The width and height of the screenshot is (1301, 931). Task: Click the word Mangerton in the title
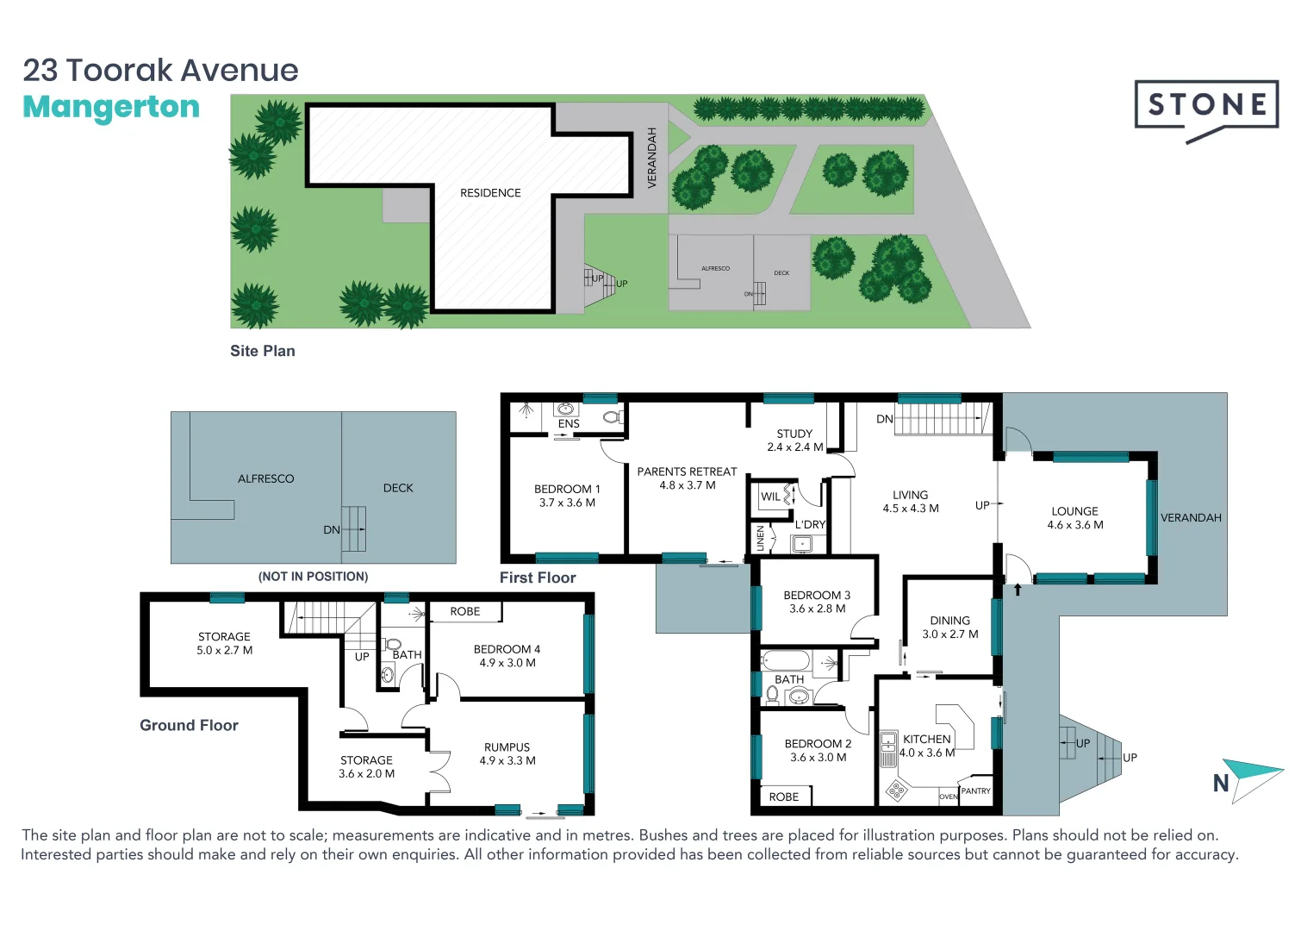click(x=111, y=107)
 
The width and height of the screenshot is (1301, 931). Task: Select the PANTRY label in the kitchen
click(x=975, y=790)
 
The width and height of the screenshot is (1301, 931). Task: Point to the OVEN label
click(x=948, y=797)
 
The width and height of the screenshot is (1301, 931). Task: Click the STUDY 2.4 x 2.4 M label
click(x=794, y=441)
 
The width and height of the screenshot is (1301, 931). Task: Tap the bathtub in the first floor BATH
click(x=786, y=661)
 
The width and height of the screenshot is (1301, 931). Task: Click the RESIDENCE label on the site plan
click(x=490, y=193)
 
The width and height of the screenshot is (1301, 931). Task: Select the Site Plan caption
click(x=262, y=351)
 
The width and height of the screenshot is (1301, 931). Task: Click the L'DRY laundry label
click(x=810, y=524)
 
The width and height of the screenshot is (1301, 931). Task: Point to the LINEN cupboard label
click(x=760, y=538)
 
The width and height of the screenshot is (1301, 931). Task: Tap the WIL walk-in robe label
click(x=770, y=497)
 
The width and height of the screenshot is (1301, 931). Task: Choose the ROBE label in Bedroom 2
click(x=783, y=797)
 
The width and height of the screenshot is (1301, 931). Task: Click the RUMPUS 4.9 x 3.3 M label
click(x=507, y=754)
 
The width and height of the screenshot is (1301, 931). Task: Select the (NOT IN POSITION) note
click(x=313, y=576)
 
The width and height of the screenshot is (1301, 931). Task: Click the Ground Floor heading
click(x=189, y=725)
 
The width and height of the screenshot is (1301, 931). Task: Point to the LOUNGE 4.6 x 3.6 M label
click(x=1074, y=518)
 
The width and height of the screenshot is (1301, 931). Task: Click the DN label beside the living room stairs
click(x=884, y=419)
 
